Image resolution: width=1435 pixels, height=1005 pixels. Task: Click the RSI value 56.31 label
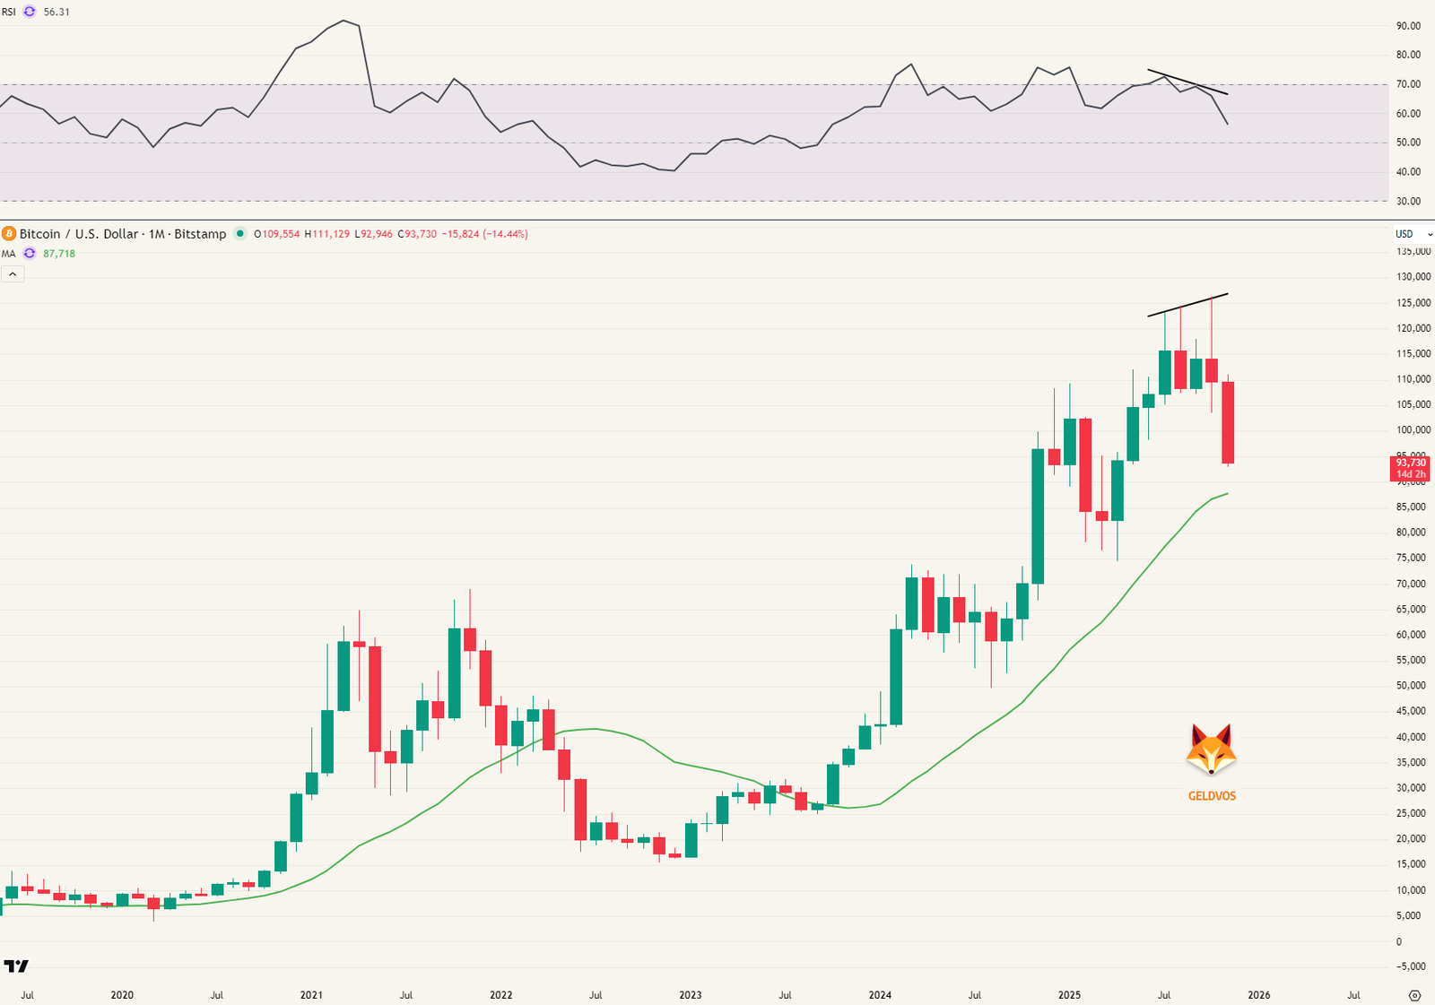(57, 12)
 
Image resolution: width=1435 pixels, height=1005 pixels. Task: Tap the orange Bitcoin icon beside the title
(9, 234)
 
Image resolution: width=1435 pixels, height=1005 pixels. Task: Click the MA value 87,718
(59, 254)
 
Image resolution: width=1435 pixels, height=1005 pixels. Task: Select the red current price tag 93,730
(1410, 464)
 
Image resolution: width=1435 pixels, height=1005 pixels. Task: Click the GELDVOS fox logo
(1211, 749)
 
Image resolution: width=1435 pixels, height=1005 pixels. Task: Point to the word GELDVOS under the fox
(1212, 796)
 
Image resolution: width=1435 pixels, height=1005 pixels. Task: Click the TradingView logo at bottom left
(16, 966)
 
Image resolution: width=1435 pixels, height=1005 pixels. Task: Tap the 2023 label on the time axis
(691, 995)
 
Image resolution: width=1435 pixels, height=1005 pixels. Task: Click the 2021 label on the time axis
(311, 995)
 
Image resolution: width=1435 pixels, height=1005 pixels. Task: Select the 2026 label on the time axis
(1259, 995)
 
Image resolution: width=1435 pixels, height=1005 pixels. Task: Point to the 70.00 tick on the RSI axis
(1408, 84)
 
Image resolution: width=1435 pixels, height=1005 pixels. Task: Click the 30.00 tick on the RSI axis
(1408, 202)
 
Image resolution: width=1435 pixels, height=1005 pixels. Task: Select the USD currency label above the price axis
(1405, 234)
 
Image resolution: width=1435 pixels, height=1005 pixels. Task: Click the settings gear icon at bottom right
(1415, 995)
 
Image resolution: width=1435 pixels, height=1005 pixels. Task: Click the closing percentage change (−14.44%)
(505, 234)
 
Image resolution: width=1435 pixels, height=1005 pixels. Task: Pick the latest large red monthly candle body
(1228, 422)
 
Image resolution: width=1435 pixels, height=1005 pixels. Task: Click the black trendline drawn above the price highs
(1187, 305)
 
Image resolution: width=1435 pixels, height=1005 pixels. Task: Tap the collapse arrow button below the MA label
(13, 274)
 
